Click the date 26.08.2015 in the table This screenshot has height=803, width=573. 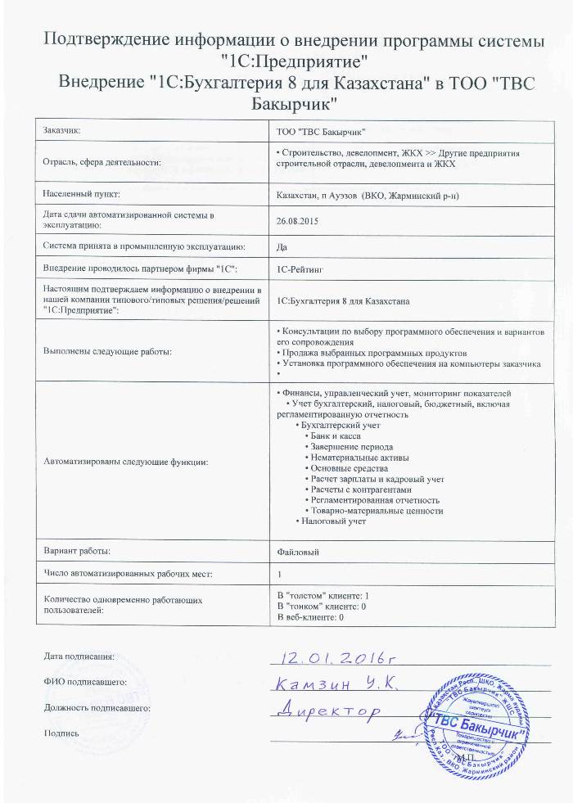coord(297,219)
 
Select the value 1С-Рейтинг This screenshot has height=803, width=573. coord(301,268)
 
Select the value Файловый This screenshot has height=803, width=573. coord(298,552)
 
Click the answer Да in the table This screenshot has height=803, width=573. coord(283,245)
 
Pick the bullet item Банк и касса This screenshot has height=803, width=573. coord(334,437)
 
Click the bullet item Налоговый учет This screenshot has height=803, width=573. coord(332,521)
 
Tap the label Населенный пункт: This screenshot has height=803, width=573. coord(81,194)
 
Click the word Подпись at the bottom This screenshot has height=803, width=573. coord(61,733)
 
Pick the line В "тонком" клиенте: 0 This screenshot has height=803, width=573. coord(322,606)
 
